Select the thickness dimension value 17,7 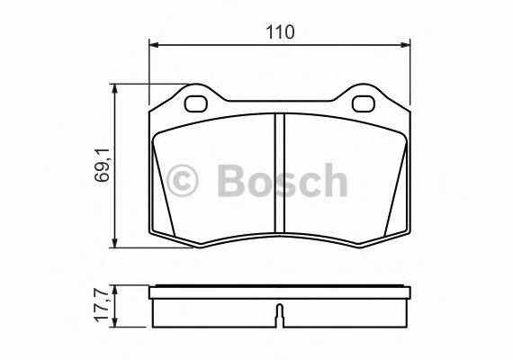[102, 307]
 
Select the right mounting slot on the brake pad [364, 102]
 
